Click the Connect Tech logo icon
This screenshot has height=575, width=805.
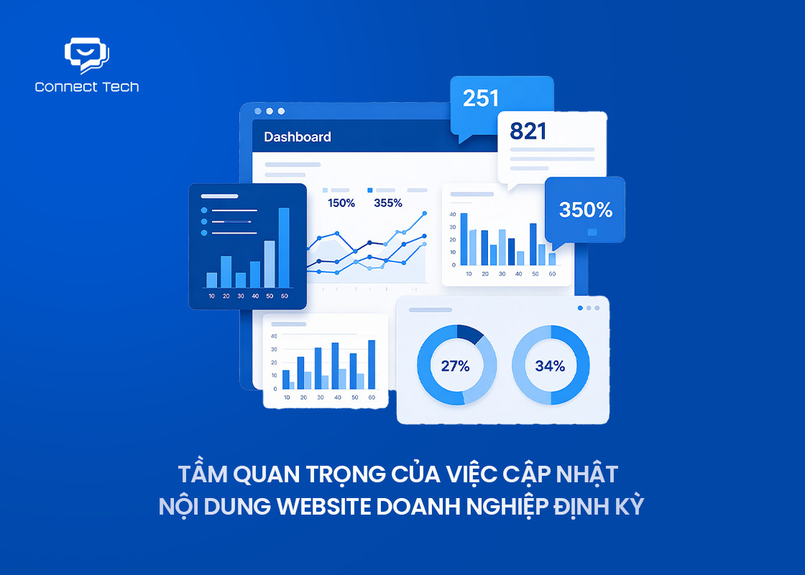pyautogui.click(x=86, y=56)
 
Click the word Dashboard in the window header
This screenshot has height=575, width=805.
pyautogui.click(x=298, y=137)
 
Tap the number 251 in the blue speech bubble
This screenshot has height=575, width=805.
pyautogui.click(x=481, y=98)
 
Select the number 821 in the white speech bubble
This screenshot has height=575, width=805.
pyautogui.click(x=528, y=131)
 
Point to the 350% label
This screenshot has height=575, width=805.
pyautogui.click(x=586, y=210)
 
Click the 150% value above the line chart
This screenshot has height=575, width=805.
pyautogui.click(x=341, y=203)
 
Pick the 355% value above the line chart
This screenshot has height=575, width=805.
pyautogui.click(x=388, y=203)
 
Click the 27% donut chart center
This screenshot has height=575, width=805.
pyautogui.click(x=456, y=366)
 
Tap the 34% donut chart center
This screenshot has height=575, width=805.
pyautogui.click(x=551, y=366)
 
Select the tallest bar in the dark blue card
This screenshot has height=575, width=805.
pyautogui.click(x=284, y=247)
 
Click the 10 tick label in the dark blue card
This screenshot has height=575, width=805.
pyautogui.click(x=211, y=296)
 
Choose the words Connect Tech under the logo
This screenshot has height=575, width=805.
pyautogui.click(x=87, y=87)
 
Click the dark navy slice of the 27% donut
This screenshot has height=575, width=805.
pyautogui.click(x=471, y=333)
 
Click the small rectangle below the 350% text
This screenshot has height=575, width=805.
pyautogui.click(x=592, y=232)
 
